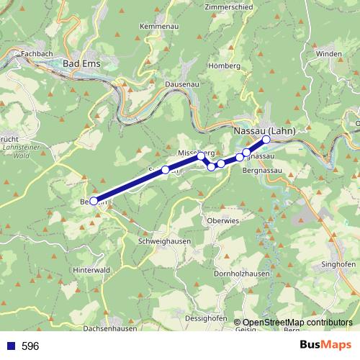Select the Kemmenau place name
(x=158, y=27)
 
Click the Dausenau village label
(x=180, y=84)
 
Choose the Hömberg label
(x=224, y=66)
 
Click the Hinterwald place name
(x=91, y=270)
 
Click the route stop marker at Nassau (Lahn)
(x=266, y=140)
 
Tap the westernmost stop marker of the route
(x=94, y=201)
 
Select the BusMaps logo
(x=323, y=345)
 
